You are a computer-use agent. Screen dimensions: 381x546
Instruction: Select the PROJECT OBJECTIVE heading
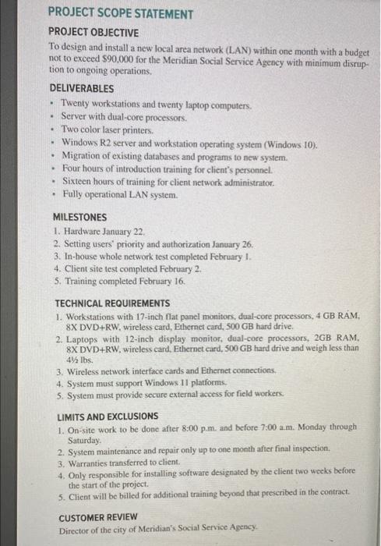click(93, 32)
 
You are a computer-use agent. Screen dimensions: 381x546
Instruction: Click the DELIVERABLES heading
click(81, 89)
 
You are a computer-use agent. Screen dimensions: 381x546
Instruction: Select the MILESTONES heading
click(79, 217)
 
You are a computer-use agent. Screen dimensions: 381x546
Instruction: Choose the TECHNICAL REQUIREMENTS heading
click(111, 303)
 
